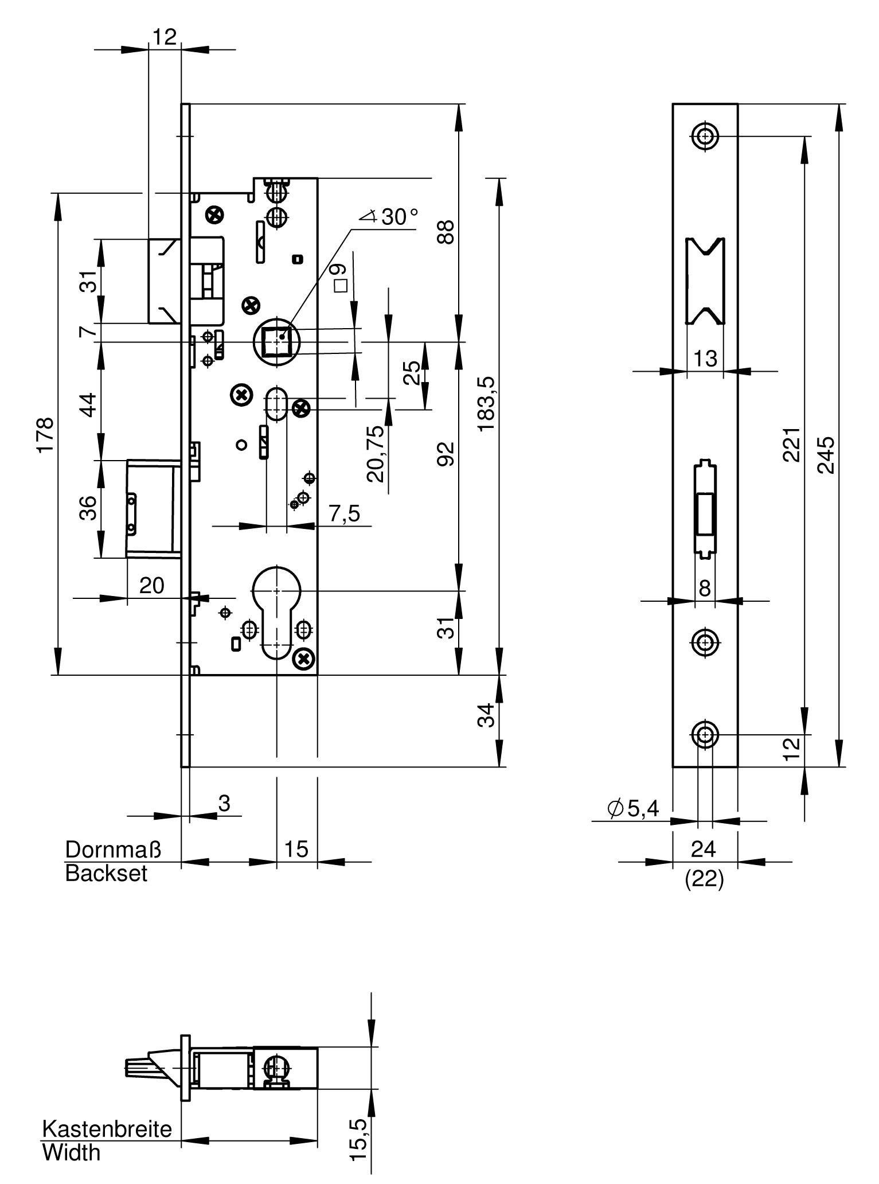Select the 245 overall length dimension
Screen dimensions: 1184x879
coord(826,455)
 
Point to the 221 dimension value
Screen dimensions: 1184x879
coord(791,445)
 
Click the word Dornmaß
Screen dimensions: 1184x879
coord(113,849)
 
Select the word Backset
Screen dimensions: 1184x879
coord(106,874)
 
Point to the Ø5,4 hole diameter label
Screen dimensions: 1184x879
coord(633,808)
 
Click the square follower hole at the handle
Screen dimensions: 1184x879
coord(277,342)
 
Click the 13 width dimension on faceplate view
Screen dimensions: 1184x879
coord(705,359)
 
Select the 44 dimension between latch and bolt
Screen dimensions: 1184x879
coord(88,404)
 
